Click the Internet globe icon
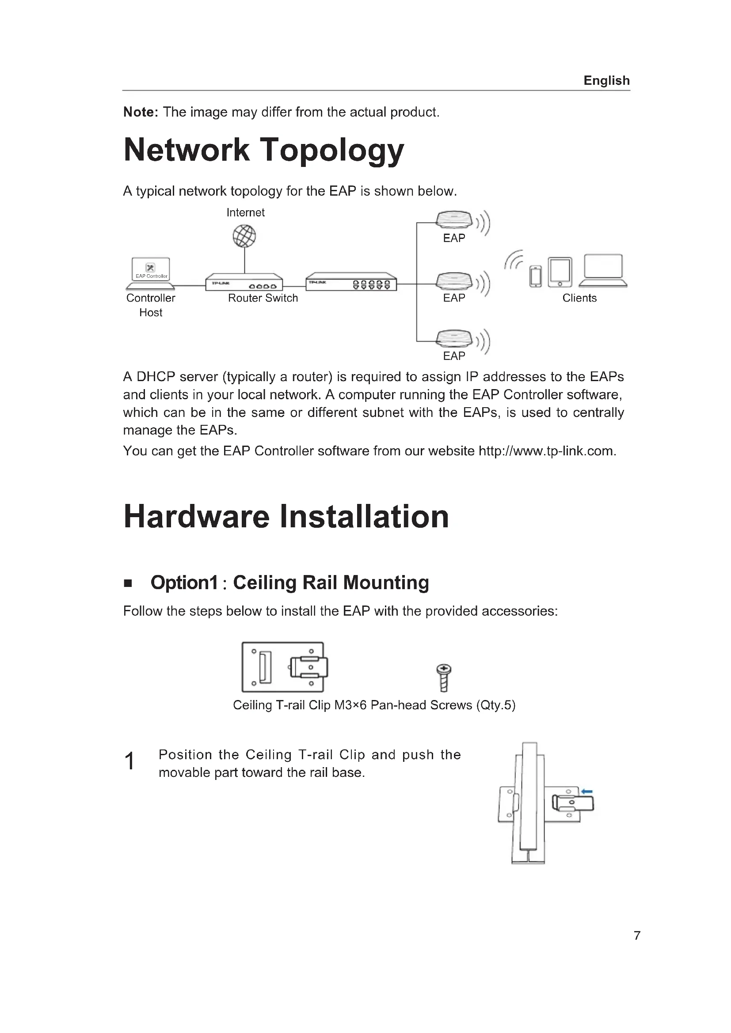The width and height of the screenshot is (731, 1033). [x=244, y=236]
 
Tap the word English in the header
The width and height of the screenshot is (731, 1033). [x=606, y=80]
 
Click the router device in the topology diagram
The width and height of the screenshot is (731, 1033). [x=244, y=282]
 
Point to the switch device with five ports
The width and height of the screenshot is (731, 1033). [x=351, y=282]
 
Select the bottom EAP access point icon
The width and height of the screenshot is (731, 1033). [x=454, y=339]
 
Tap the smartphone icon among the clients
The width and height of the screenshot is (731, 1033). [x=536, y=276]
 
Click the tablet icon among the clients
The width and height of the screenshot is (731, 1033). [x=560, y=272]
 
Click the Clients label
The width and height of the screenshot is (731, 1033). [x=579, y=298]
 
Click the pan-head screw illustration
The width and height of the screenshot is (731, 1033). [x=444, y=677]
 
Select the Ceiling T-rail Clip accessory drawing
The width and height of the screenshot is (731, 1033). [x=284, y=667]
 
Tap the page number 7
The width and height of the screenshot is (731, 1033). [x=637, y=935]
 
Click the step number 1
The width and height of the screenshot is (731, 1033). [x=129, y=761]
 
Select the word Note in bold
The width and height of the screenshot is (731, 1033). [x=139, y=112]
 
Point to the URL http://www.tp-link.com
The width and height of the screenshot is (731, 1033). [x=546, y=451]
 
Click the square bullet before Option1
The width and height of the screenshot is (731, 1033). [x=128, y=583]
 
